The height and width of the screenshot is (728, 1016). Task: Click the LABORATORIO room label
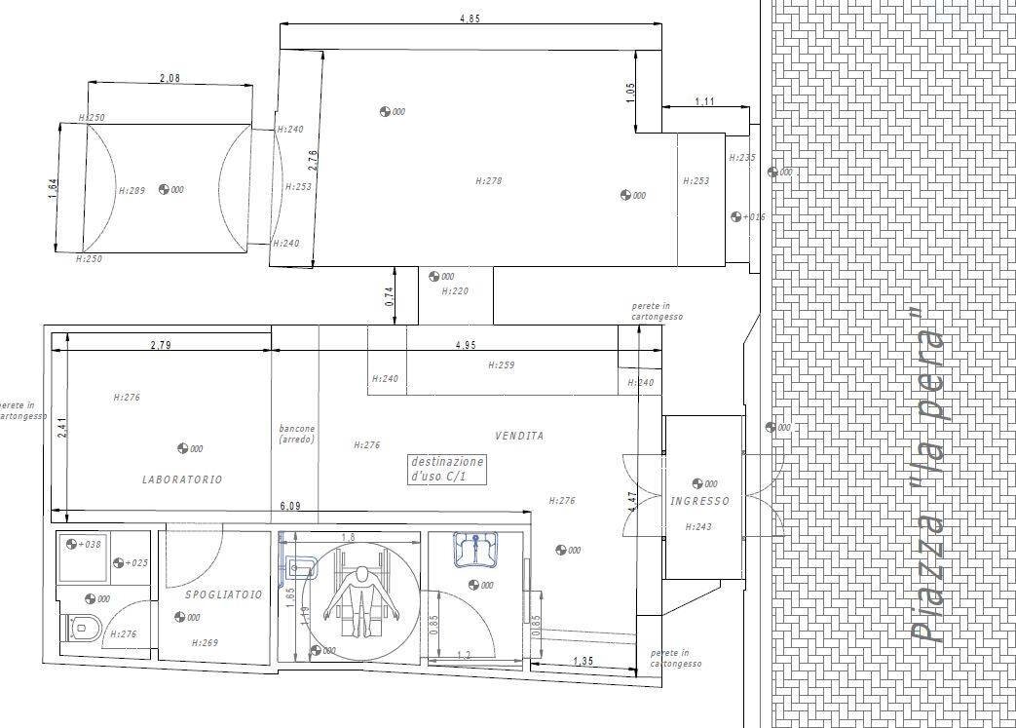tap(182, 479)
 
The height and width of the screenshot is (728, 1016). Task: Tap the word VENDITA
tap(519, 436)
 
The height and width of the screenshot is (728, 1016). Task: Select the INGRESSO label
tap(699, 501)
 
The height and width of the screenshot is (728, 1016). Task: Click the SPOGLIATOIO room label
tap(223, 594)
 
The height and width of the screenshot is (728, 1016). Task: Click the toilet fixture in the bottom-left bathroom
tap(82, 629)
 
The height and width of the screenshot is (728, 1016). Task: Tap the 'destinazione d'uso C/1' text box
tap(445, 470)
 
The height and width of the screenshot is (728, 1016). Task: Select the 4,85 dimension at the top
tap(470, 19)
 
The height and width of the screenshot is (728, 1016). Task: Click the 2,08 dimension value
tap(169, 79)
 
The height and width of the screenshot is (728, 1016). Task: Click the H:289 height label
tap(132, 191)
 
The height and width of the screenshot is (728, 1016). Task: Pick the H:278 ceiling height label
tap(489, 180)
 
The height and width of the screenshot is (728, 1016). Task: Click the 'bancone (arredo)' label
tap(296, 434)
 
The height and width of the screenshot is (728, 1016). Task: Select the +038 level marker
tap(89, 545)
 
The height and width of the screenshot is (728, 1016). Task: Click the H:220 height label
tap(455, 290)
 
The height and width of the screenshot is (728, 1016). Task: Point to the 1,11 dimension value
tap(705, 101)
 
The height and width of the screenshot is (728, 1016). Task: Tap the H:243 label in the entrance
tap(698, 527)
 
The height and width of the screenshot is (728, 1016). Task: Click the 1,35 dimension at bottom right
tap(583, 662)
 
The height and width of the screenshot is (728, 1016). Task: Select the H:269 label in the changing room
tap(204, 642)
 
